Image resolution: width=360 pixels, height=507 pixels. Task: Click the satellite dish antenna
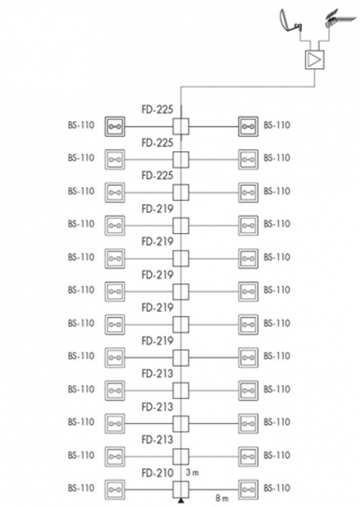click(x=290, y=22)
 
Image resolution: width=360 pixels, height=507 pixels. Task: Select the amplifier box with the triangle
click(x=314, y=60)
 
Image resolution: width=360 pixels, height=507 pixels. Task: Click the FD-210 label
click(x=157, y=473)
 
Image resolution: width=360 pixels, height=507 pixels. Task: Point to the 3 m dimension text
click(x=192, y=472)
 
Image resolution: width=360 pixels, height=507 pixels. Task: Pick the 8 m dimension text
click(x=222, y=498)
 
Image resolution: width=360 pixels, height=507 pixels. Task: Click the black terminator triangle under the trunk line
click(x=181, y=501)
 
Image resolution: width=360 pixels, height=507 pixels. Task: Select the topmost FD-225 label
click(x=157, y=109)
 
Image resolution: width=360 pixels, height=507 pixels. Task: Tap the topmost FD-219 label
click(x=157, y=209)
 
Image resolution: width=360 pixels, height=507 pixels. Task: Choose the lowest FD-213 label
click(x=157, y=439)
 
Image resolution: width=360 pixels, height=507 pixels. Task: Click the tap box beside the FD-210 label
click(x=181, y=489)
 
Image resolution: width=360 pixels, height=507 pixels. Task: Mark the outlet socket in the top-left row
click(x=115, y=127)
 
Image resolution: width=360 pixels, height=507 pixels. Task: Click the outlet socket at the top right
click(x=248, y=127)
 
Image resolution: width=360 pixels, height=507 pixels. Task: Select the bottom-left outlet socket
click(x=115, y=490)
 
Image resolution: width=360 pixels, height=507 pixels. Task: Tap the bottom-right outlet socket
click(x=248, y=490)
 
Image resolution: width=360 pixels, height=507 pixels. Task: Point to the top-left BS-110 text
click(x=81, y=125)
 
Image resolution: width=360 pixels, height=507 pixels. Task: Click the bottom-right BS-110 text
click(x=277, y=488)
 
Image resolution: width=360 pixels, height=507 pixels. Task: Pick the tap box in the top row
click(x=181, y=127)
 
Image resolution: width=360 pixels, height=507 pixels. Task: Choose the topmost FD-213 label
click(x=157, y=373)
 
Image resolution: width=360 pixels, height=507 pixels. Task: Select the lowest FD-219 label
click(x=157, y=341)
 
